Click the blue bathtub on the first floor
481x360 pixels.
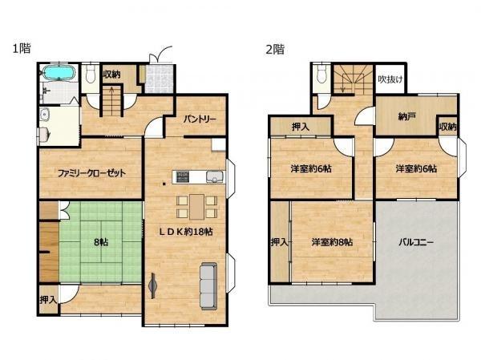point(58,75)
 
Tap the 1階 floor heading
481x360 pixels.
point(21,49)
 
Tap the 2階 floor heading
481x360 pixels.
point(274,49)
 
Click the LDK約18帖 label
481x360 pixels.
point(184,232)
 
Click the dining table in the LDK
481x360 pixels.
point(197,206)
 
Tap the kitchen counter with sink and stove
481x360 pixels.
point(192,176)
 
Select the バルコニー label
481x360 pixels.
point(416,242)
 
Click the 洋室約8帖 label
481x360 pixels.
point(333,242)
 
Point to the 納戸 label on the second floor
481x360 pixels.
point(407,118)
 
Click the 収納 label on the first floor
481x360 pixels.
point(111,75)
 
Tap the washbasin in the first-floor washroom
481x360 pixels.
point(45,127)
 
